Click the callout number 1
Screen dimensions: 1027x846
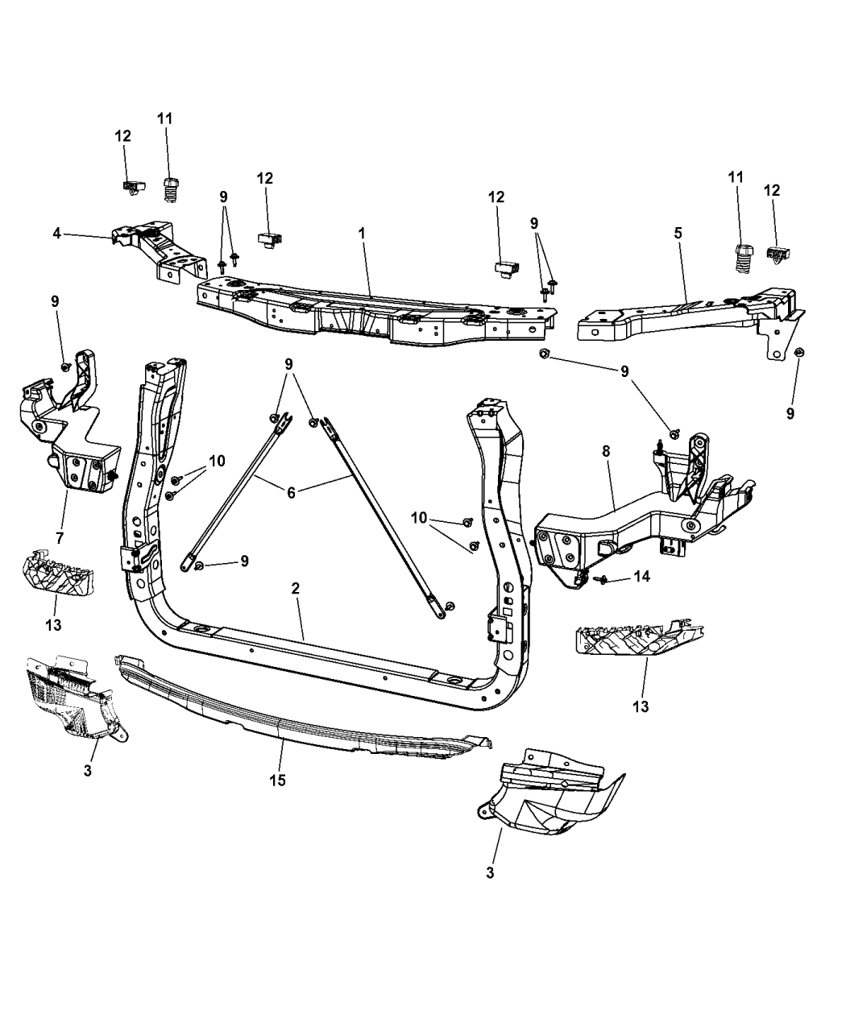pos(362,233)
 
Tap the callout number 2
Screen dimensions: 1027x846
pos(296,589)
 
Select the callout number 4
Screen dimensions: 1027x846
pos(56,234)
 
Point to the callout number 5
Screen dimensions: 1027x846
pos(678,233)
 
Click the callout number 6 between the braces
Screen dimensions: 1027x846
pos(291,491)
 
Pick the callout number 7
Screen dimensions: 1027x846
pos(60,536)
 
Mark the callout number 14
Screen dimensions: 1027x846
pos(641,577)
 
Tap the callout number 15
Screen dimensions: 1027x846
pos(279,780)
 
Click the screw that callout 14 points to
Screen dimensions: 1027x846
pos(600,578)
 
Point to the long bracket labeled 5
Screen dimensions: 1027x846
pos(685,318)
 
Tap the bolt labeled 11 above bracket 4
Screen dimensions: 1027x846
pos(170,191)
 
